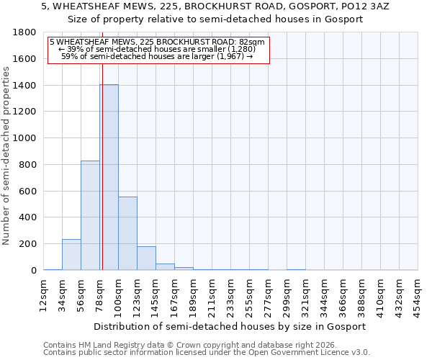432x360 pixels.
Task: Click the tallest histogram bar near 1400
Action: tap(109, 177)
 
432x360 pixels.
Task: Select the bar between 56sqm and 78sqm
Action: tap(90, 215)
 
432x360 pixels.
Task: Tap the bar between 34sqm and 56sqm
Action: tap(71, 255)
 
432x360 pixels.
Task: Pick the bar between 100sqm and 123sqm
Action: tap(127, 233)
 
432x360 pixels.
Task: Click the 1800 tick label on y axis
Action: tap(25, 32)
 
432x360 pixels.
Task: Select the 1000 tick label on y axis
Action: tap(25, 138)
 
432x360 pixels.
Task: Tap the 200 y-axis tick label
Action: tap(28, 244)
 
